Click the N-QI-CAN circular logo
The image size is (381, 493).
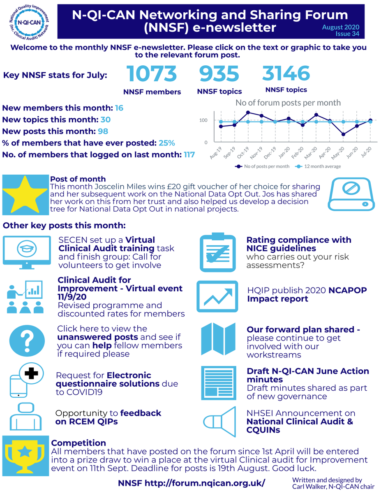[x=29, y=22]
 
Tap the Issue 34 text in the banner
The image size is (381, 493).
[x=347, y=34]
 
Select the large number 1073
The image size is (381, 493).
[x=151, y=74]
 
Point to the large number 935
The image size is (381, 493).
[x=219, y=74]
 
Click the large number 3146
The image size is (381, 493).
[x=286, y=73]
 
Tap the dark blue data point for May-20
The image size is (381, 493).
[x=343, y=134]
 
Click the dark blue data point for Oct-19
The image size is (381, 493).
[x=248, y=113]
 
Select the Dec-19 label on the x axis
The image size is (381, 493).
[x=270, y=153]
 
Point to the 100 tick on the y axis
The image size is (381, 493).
[x=203, y=120]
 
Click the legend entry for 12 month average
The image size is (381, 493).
[x=318, y=166]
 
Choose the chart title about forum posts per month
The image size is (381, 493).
[x=288, y=103]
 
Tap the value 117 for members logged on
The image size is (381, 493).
[x=189, y=155]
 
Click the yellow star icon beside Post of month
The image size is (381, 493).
[x=25, y=194]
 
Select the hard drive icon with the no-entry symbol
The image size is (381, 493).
[x=351, y=194]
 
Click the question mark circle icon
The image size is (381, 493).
[x=27, y=341]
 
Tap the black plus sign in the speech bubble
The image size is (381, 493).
[x=31, y=373]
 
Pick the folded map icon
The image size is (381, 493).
[x=218, y=339]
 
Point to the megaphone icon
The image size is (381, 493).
[x=219, y=422]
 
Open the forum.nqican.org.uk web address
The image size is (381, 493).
[x=205, y=483]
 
